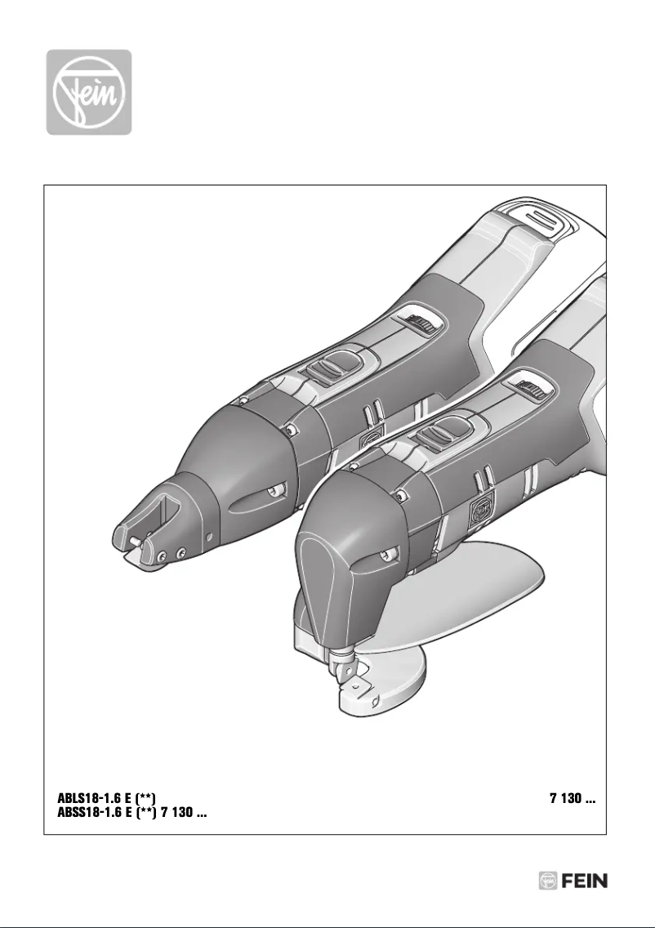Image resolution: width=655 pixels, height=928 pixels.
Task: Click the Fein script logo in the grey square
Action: point(87,91)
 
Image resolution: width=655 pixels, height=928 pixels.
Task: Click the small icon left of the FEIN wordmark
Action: point(548,881)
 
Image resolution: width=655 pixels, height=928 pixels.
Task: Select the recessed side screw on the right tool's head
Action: point(382,558)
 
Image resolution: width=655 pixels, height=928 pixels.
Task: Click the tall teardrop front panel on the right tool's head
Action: point(327,572)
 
